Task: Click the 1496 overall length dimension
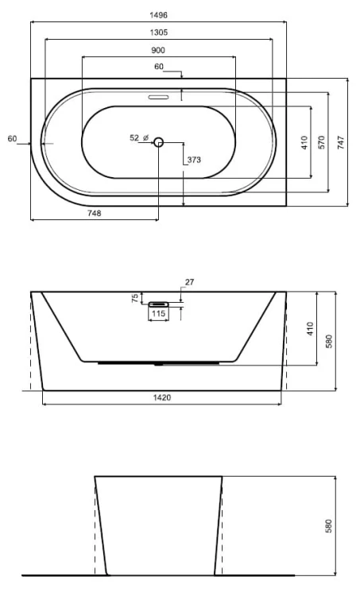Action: coord(158,15)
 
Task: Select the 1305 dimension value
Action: coord(158,33)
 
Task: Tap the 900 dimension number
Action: coord(158,50)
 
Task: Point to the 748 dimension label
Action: coord(95,213)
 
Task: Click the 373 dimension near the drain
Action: coord(194,160)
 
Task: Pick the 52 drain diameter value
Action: coord(134,138)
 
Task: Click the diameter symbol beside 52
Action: coord(145,138)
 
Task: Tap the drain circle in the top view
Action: coord(158,142)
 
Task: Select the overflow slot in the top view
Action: coord(158,97)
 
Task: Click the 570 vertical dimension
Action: coord(322,142)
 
